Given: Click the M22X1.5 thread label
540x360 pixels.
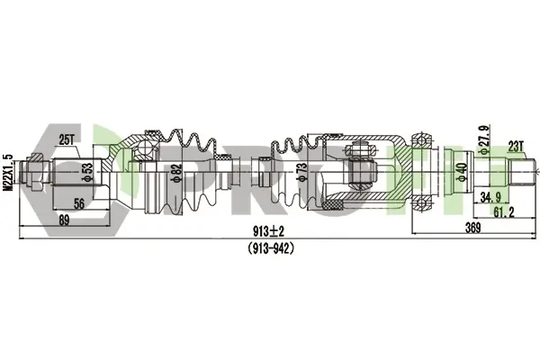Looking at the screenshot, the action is (x=7, y=173).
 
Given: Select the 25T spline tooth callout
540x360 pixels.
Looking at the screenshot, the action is (x=67, y=139).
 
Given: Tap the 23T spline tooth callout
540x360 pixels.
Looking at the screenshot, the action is (x=516, y=147).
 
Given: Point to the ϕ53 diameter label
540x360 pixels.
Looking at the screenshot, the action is (x=88, y=172).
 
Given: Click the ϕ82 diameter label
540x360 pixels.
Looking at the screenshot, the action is (x=176, y=173).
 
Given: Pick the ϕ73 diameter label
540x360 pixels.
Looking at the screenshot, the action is (x=301, y=172).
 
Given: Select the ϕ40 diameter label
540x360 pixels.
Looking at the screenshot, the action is (x=463, y=172).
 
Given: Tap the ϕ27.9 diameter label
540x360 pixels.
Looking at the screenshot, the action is (x=484, y=139).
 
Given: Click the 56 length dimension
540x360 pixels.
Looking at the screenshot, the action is (x=79, y=203).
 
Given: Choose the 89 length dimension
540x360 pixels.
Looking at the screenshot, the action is (x=64, y=220).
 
